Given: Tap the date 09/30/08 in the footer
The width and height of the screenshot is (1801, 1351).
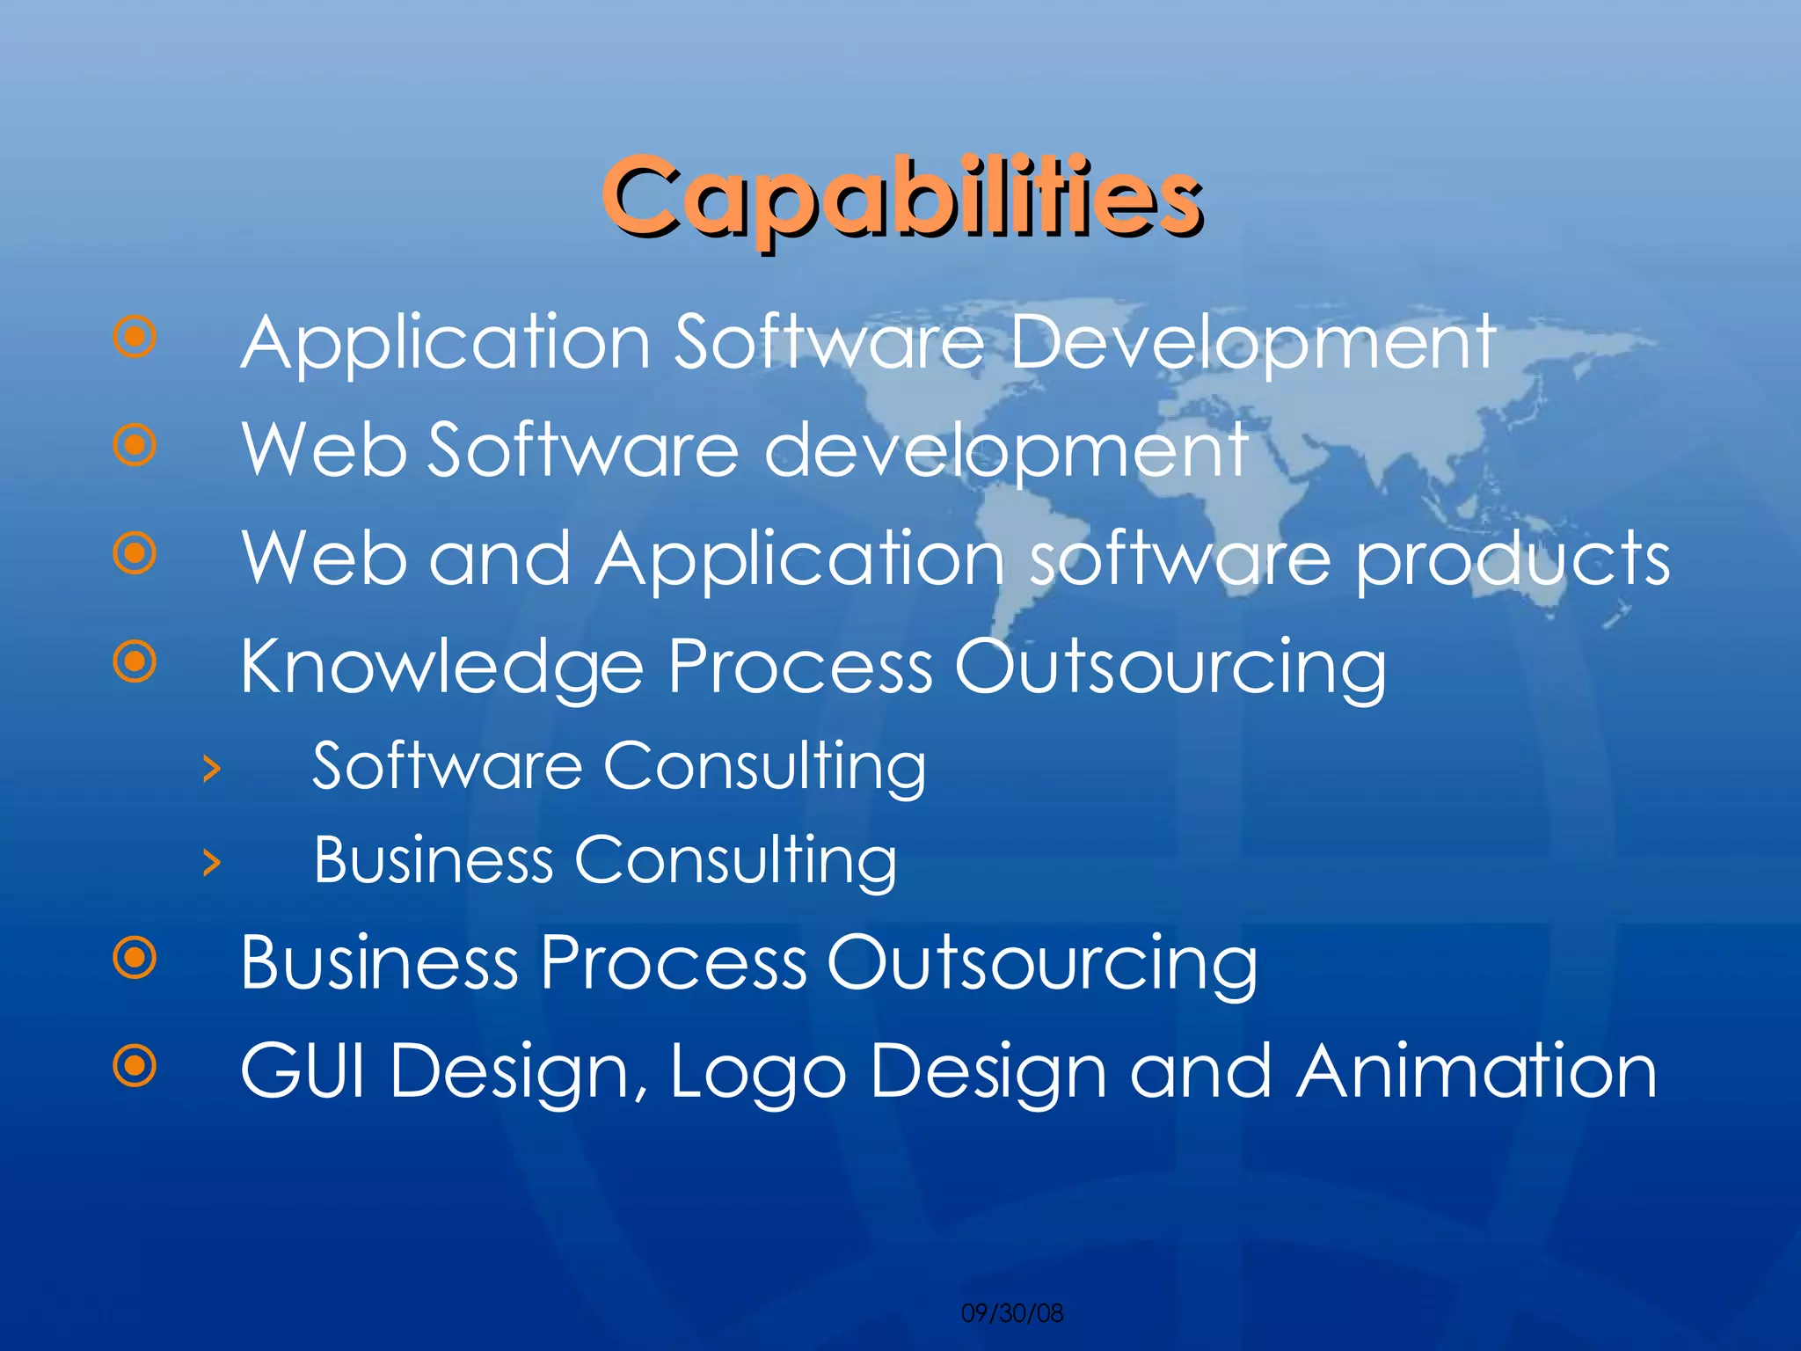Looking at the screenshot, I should click(1012, 1313).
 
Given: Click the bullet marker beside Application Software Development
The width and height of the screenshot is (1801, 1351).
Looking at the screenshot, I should click(135, 337).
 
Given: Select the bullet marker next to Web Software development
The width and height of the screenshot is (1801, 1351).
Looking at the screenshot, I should click(135, 445).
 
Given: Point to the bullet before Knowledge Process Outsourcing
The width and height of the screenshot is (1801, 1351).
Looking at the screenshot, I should click(135, 661).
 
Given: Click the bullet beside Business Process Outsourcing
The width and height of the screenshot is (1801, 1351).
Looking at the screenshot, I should click(135, 958).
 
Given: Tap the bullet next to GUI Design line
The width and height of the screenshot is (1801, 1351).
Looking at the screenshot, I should click(135, 1067).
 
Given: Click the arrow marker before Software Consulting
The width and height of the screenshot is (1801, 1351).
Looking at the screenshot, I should click(211, 769).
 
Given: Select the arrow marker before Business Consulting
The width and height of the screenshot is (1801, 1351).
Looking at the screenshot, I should click(211, 863).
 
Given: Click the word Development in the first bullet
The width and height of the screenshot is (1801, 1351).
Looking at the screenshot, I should click(1252, 344).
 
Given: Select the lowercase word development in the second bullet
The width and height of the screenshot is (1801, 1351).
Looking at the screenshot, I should click(1006, 451).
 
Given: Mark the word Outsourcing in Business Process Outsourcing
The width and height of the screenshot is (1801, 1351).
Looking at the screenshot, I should click(1042, 964).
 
